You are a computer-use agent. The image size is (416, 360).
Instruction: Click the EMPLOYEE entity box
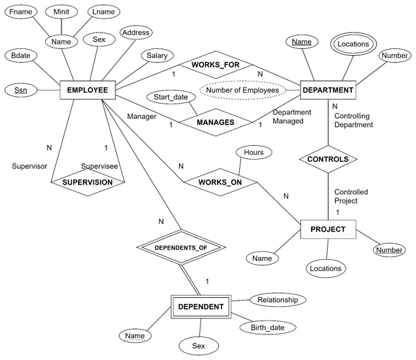pos(87,89)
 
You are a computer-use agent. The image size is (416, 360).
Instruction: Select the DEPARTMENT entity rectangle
pos(328,89)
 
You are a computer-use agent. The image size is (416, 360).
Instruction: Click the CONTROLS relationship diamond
pos(328,159)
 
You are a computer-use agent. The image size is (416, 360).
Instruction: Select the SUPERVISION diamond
pos(88,182)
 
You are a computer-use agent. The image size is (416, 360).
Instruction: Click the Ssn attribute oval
pos(21,90)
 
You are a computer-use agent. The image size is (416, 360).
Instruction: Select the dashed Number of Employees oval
pos(240,89)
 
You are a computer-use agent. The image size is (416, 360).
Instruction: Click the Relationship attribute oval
pos(276,300)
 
